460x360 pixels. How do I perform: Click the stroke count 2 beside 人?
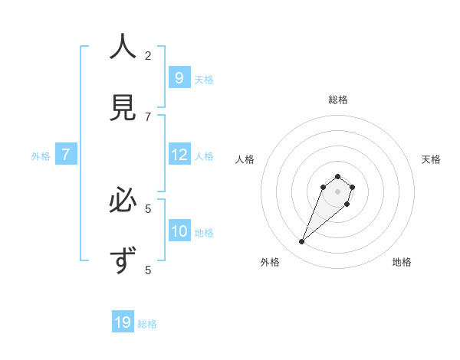point(148,55)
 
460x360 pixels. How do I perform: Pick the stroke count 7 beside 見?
point(148,116)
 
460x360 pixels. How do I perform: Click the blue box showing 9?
point(179,77)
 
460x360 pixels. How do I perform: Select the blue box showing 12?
point(179,155)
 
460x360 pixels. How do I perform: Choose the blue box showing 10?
point(179,231)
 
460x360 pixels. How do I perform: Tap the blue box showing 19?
point(123,322)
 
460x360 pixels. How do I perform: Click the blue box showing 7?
point(66,155)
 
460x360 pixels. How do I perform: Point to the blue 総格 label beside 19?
point(147,324)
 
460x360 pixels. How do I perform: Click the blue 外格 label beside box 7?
point(41,156)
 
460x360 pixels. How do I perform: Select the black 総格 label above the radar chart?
point(337,100)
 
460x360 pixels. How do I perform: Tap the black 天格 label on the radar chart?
point(431,159)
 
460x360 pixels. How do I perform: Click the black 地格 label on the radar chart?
point(402,262)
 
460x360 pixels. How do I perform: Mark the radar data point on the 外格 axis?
point(302,242)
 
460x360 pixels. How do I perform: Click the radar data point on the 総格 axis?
point(337,175)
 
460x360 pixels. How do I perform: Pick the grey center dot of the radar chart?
point(337,191)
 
